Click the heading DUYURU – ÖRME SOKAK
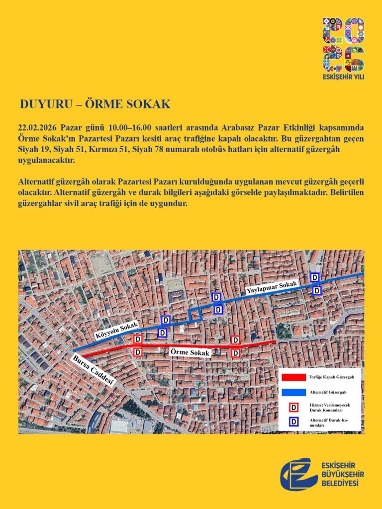point(95,104)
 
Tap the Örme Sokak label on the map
point(191,352)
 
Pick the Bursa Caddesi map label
point(94,371)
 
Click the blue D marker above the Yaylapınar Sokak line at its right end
point(315,277)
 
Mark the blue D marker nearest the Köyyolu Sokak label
point(166,320)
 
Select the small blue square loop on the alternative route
point(194,314)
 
